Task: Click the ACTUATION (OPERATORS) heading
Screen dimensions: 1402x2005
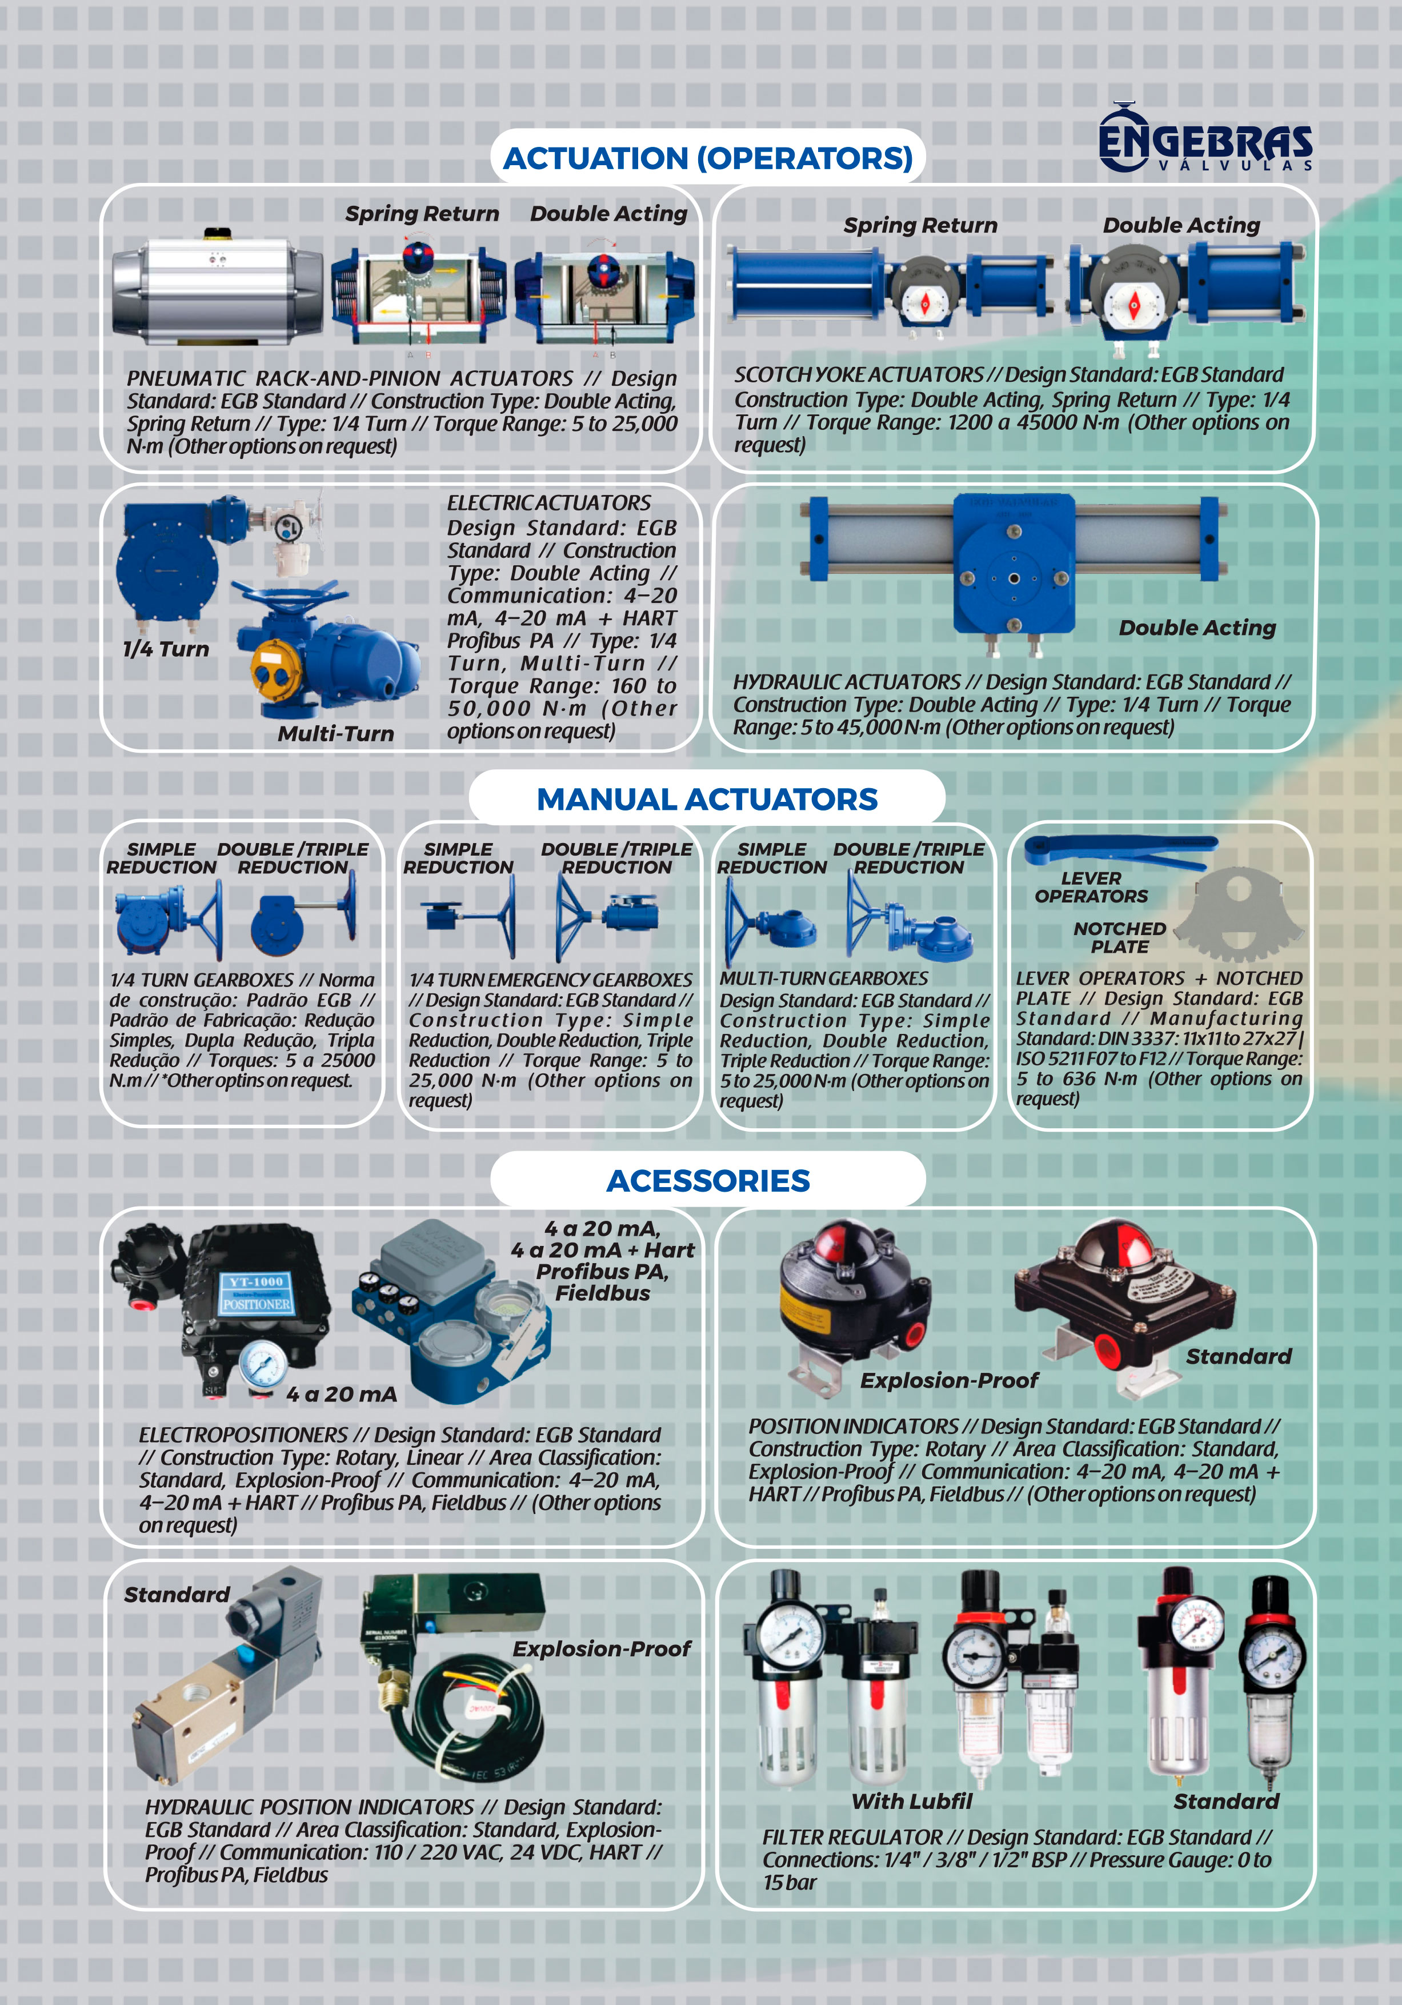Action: point(708,158)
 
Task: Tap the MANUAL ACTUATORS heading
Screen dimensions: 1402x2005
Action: point(707,799)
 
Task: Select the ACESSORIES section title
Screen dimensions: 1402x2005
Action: point(708,1181)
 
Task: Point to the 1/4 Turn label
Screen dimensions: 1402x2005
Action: point(166,649)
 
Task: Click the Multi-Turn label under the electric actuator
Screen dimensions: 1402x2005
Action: point(336,733)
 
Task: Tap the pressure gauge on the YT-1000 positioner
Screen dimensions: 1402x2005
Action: point(259,1362)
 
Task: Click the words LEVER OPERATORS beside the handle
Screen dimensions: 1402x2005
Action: point(1091,887)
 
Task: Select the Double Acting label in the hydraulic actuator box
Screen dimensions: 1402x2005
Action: point(1197,628)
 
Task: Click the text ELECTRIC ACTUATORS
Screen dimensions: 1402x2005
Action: point(549,503)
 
